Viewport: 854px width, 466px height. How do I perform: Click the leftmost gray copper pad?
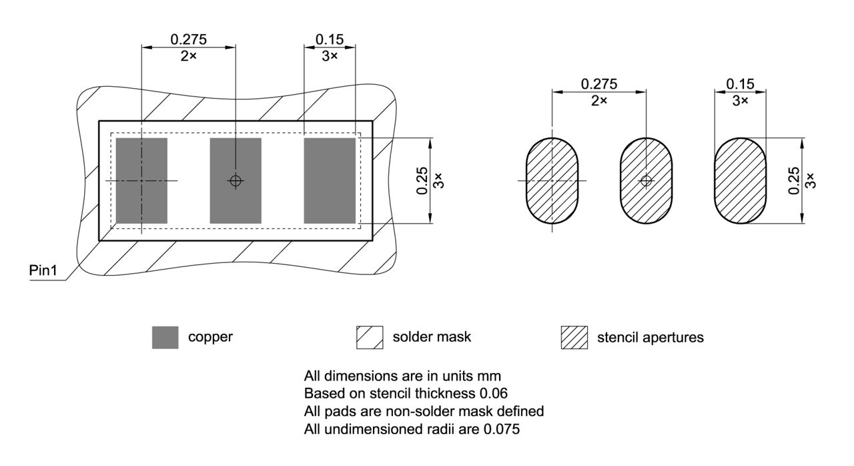[141, 181]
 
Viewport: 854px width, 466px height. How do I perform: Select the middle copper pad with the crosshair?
[236, 181]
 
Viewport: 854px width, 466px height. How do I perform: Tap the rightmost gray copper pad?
[330, 181]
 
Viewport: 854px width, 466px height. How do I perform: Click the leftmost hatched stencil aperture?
[552, 181]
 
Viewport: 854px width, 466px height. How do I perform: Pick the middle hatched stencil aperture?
[647, 181]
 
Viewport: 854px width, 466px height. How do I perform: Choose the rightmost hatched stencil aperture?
[740, 181]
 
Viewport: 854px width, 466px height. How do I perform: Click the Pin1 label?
[43, 270]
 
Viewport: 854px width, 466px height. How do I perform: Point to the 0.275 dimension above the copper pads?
[188, 39]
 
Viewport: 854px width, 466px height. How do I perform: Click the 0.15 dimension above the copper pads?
[330, 39]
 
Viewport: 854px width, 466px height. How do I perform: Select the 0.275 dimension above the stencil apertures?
[599, 84]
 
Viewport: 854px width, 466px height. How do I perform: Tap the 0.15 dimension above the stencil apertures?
[740, 84]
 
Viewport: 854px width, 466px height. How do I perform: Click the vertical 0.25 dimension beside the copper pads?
[422, 181]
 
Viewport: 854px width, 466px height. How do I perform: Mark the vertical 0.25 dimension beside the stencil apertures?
[794, 181]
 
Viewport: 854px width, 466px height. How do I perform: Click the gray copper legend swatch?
[165, 338]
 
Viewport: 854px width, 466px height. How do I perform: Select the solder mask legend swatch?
[370, 338]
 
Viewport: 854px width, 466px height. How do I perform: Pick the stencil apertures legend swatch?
[574, 338]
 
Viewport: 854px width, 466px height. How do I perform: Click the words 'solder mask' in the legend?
[432, 337]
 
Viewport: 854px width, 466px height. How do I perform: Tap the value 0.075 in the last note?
[502, 429]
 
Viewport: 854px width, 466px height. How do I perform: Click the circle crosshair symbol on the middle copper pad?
[236, 181]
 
